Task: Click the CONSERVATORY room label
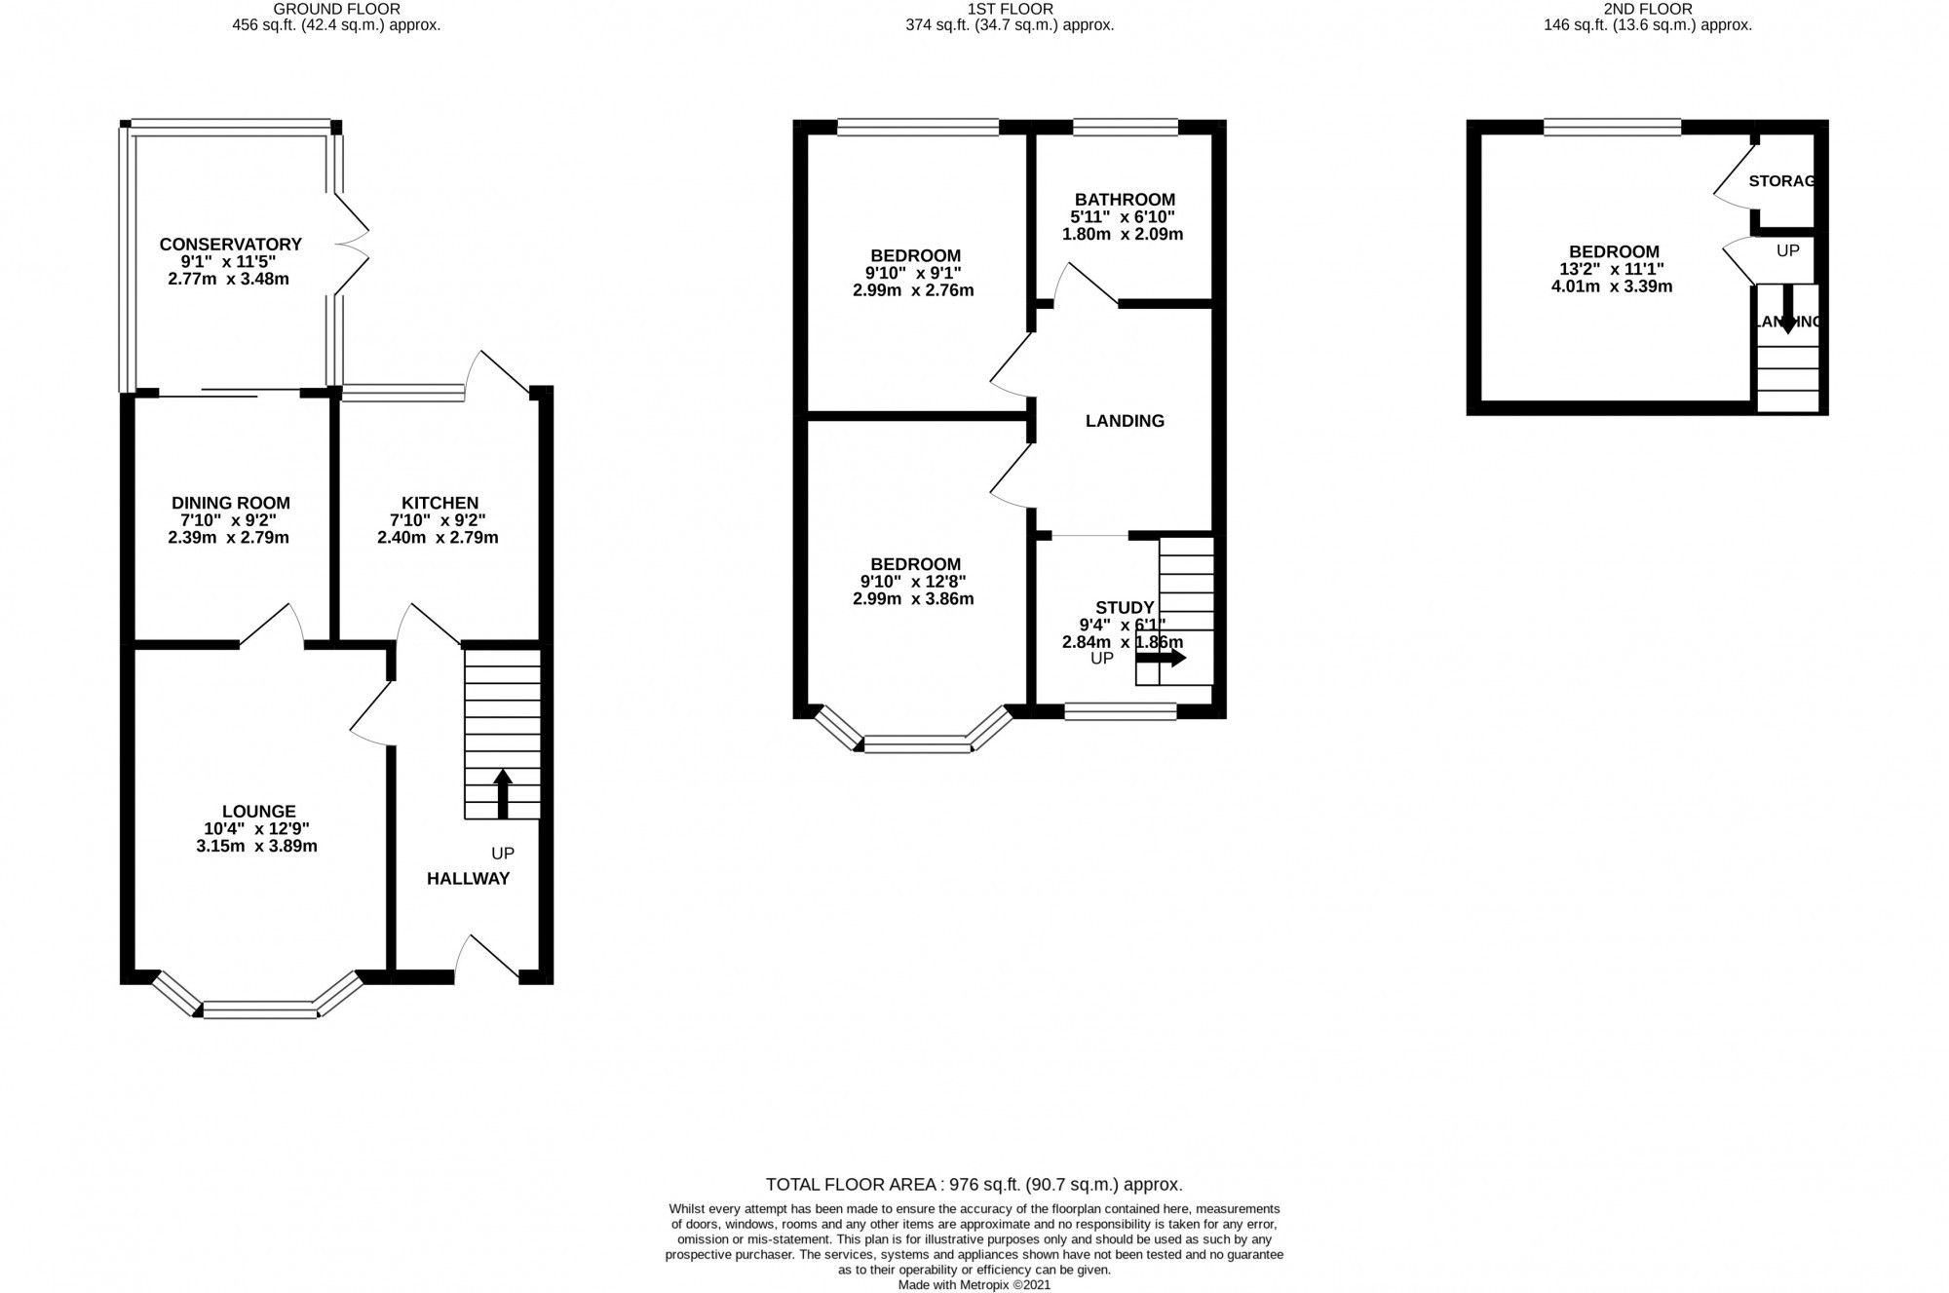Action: coord(230,244)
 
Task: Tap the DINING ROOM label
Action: coord(230,503)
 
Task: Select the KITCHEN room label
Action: coord(439,503)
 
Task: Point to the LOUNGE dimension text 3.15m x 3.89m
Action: coord(256,846)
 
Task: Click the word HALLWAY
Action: coord(468,878)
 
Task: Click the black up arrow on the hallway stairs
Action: coord(503,792)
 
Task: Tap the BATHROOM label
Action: coord(1124,199)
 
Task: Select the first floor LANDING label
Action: coord(1125,421)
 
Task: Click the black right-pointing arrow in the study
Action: coord(1162,658)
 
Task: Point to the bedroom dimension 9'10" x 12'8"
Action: coord(913,582)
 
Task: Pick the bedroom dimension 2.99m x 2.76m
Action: coord(913,290)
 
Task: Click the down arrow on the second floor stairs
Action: coord(1786,310)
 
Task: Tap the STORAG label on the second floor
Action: coord(1781,180)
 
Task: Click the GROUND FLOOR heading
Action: coord(336,9)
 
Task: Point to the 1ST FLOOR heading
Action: coord(1010,9)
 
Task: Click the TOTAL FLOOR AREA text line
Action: coord(974,1185)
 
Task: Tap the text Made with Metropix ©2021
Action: coord(974,1285)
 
